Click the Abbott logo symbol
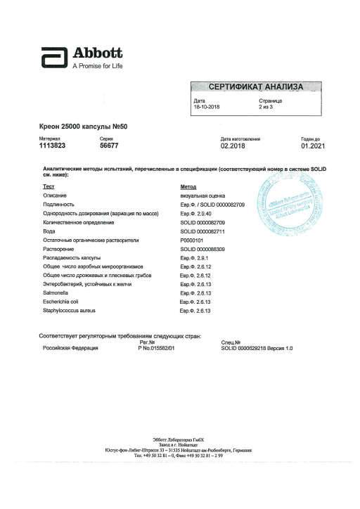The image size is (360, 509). pyautogui.click(x=53, y=57)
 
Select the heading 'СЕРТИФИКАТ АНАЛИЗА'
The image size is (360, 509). pyautogui.click(x=256, y=87)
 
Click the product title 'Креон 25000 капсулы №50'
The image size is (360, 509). pyautogui.click(x=83, y=127)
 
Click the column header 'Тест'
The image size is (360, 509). pyautogui.click(x=49, y=186)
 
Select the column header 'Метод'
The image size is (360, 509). pyautogui.click(x=188, y=186)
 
